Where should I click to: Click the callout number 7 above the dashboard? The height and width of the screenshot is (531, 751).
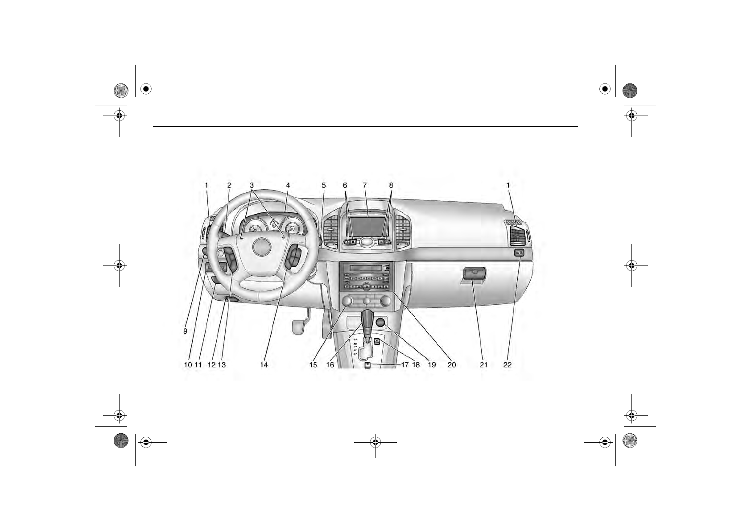click(364, 185)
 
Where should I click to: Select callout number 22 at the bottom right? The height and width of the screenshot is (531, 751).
click(508, 365)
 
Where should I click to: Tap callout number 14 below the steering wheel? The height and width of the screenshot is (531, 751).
click(264, 365)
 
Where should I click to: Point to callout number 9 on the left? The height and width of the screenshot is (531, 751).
click(185, 331)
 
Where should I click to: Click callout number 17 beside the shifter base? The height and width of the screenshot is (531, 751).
click(405, 365)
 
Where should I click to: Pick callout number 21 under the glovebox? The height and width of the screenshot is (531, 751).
click(484, 365)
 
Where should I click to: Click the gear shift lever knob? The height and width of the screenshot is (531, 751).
click(367, 318)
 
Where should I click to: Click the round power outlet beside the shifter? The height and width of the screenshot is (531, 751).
click(380, 322)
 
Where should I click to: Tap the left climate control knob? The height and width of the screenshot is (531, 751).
click(347, 302)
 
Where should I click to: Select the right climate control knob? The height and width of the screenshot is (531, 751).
click(386, 301)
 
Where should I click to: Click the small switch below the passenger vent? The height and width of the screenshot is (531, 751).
click(519, 253)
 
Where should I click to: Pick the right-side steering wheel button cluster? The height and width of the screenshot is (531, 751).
click(294, 258)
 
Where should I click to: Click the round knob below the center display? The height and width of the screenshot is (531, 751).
click(367, 241)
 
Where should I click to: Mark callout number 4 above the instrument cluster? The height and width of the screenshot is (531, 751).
click(288, 185)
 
